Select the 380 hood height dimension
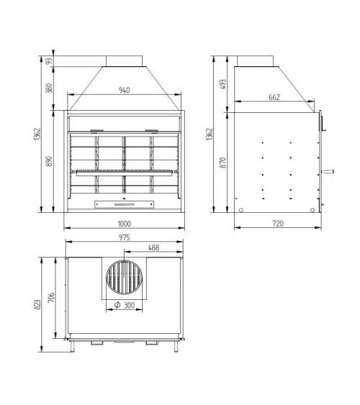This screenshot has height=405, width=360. (x=48, y=87)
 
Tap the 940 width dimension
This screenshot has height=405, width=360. (x=123, y=91)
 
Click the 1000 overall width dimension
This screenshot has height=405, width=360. (x=123, y=224)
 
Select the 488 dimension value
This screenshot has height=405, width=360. (x=153, y=247)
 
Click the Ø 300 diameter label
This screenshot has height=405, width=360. (x=125, y=306)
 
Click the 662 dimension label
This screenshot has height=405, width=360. (x=274, y=98)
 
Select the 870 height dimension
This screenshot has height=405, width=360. (x=222, y=163)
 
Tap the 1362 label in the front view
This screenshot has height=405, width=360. (x=37, y=135)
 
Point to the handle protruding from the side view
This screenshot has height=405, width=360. (x=329, y=171)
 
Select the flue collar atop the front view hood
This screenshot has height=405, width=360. (x=123, y=61)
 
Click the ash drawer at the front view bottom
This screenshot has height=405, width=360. (x=123, y=204)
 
